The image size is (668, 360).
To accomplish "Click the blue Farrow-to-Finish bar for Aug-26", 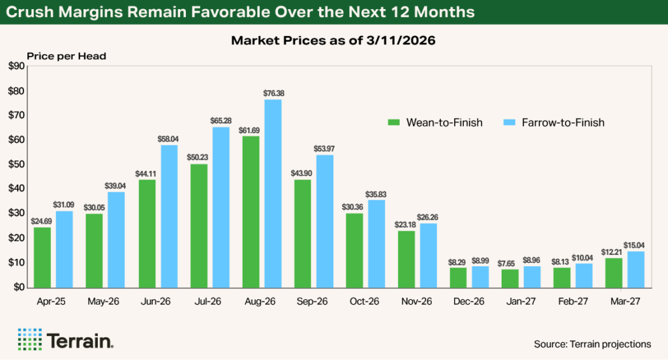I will pos(273,193).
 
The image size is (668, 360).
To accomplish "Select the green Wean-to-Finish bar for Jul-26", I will pos(199,225).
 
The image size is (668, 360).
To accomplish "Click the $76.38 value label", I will pos(273,93).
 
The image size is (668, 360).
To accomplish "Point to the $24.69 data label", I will pos(42,221).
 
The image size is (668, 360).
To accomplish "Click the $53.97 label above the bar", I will pos(325,149).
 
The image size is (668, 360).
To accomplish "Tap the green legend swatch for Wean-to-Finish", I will pos(393,123).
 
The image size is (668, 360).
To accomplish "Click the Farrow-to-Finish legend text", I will pos(564,123).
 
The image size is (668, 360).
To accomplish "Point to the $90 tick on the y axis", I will pos(16,67).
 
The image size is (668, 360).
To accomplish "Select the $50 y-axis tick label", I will pos(16,164).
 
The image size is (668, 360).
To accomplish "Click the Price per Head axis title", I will pos(67,56).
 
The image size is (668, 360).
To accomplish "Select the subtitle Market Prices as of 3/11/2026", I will pos(334,40).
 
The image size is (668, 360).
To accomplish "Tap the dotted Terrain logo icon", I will pos(29,338).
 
